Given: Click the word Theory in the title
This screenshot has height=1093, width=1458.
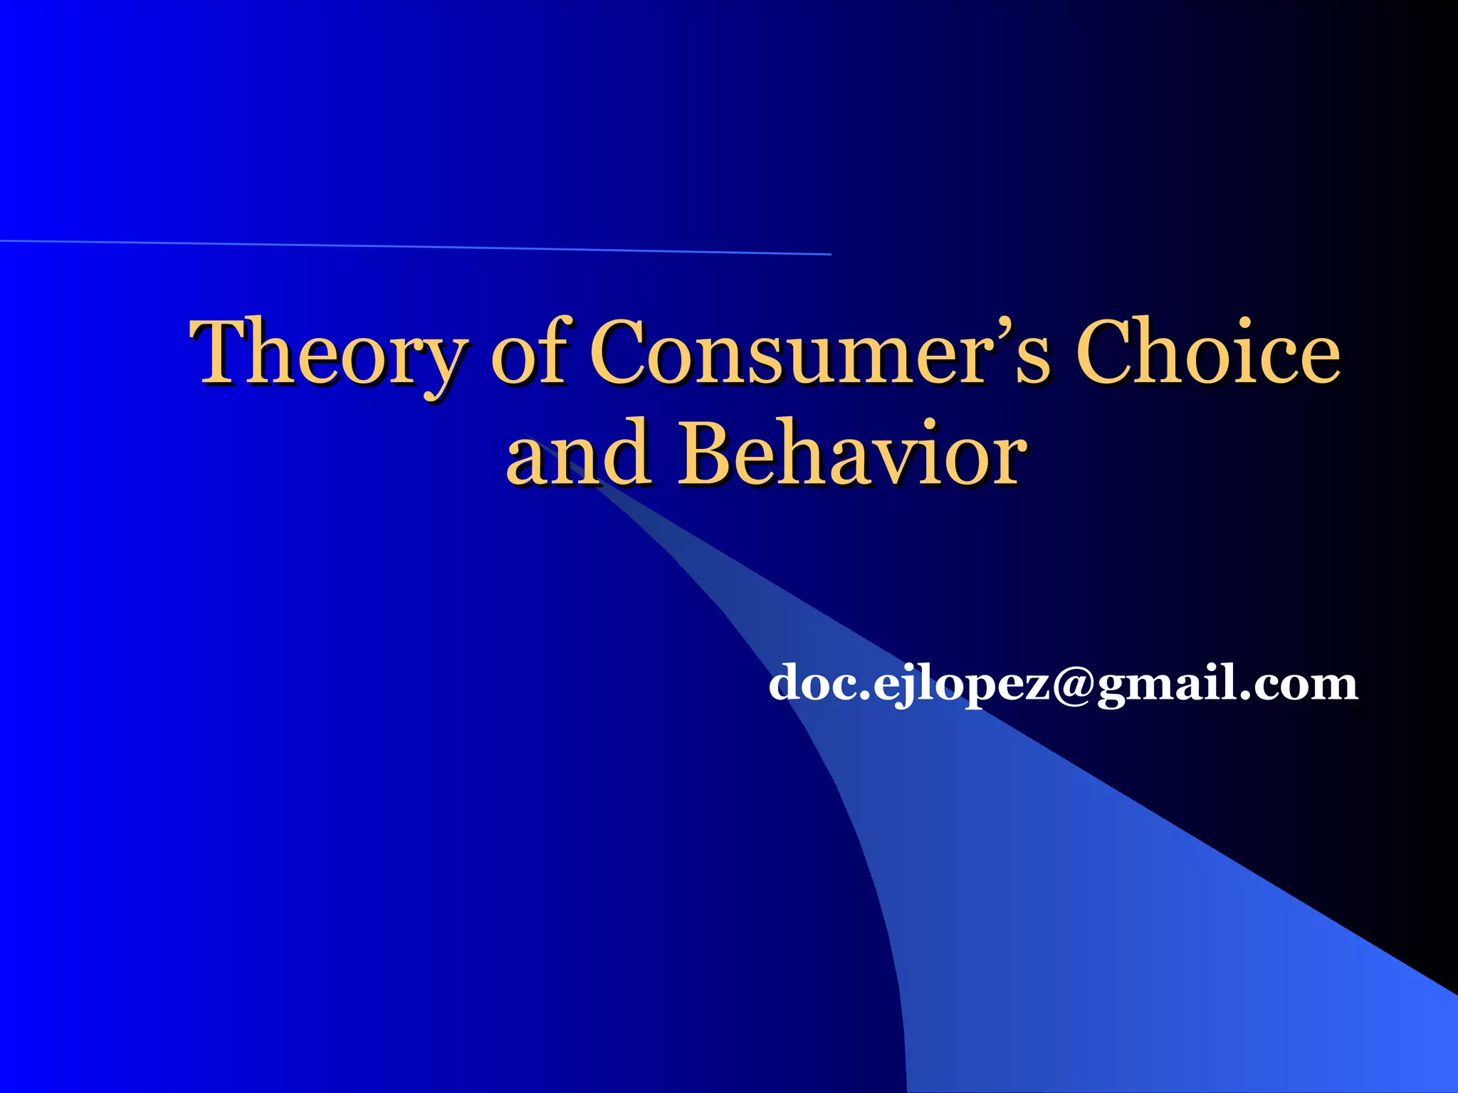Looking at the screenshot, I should point(329,354).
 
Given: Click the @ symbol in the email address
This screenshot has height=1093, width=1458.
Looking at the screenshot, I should point(1073,685).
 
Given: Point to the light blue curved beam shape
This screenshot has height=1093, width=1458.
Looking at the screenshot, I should point(1068,889).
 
